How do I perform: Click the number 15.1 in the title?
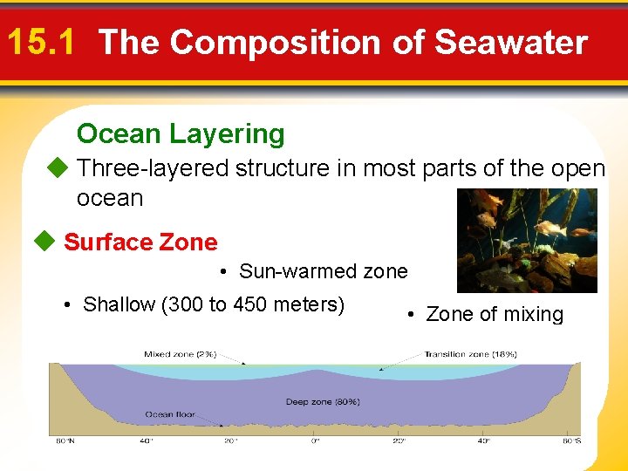pos(44,42)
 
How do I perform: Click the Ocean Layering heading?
pos(181,133)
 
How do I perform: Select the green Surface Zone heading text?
pos(140,242)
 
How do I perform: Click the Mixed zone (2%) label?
pos(180,354)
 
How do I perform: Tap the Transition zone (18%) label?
pos(470,354)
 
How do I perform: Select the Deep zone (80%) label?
pos(323,402)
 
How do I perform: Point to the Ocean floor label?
pos(170,414)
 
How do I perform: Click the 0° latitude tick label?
pos(316,440)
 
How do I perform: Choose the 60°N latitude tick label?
pos(65,440)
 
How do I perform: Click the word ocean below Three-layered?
pos(110,198)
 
